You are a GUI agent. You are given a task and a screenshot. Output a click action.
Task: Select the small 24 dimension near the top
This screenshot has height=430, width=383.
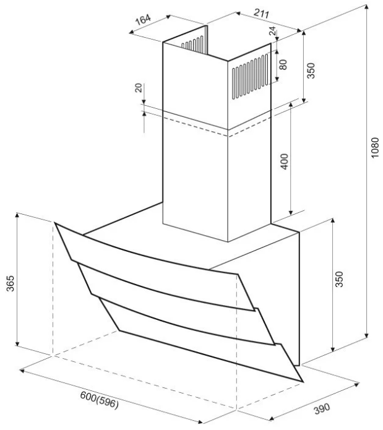point(272,30)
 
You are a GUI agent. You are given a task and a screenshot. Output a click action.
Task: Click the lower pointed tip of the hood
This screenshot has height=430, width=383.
point(302,379)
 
